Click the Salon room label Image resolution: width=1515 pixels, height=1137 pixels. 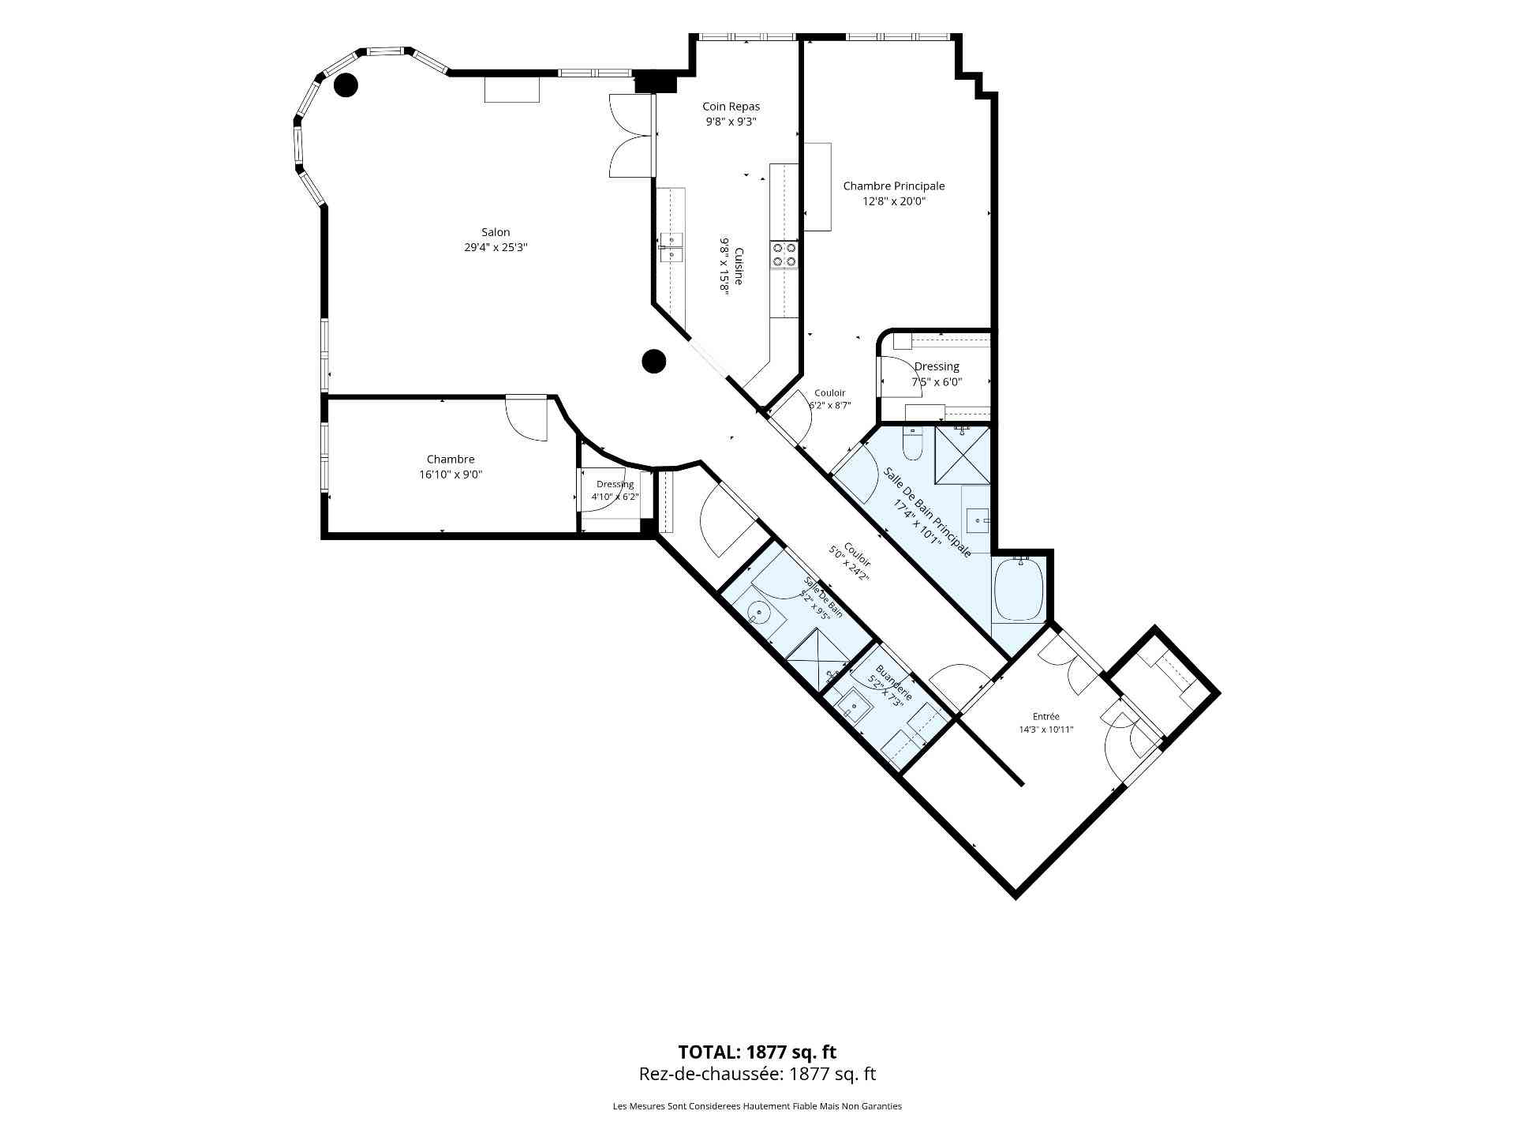coord(496,232)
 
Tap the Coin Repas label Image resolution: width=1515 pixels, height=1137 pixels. coord(731,107)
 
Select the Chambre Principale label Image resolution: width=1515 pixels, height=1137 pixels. coord(894,186)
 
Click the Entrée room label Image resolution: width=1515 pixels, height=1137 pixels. coord(1046,717)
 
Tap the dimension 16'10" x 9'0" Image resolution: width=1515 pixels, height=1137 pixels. coord(451,475)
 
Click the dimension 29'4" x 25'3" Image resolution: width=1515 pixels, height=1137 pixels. coord(496,247)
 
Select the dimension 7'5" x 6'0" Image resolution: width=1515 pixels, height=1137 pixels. coord(937,382)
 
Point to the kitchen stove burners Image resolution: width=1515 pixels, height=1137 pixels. coord(785,254)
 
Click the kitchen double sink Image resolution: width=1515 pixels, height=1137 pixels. coord(671,247)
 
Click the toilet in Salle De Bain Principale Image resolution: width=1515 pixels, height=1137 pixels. coord(912,445)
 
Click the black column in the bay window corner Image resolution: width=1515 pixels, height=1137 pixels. coord(346,84)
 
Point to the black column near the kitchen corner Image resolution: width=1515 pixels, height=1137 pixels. coord(653,362)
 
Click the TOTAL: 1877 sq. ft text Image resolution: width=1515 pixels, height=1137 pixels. coord(757,1052)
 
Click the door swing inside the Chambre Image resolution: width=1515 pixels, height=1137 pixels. coord(526,418)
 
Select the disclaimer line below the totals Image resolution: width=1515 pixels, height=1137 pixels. coord(757,1106)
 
